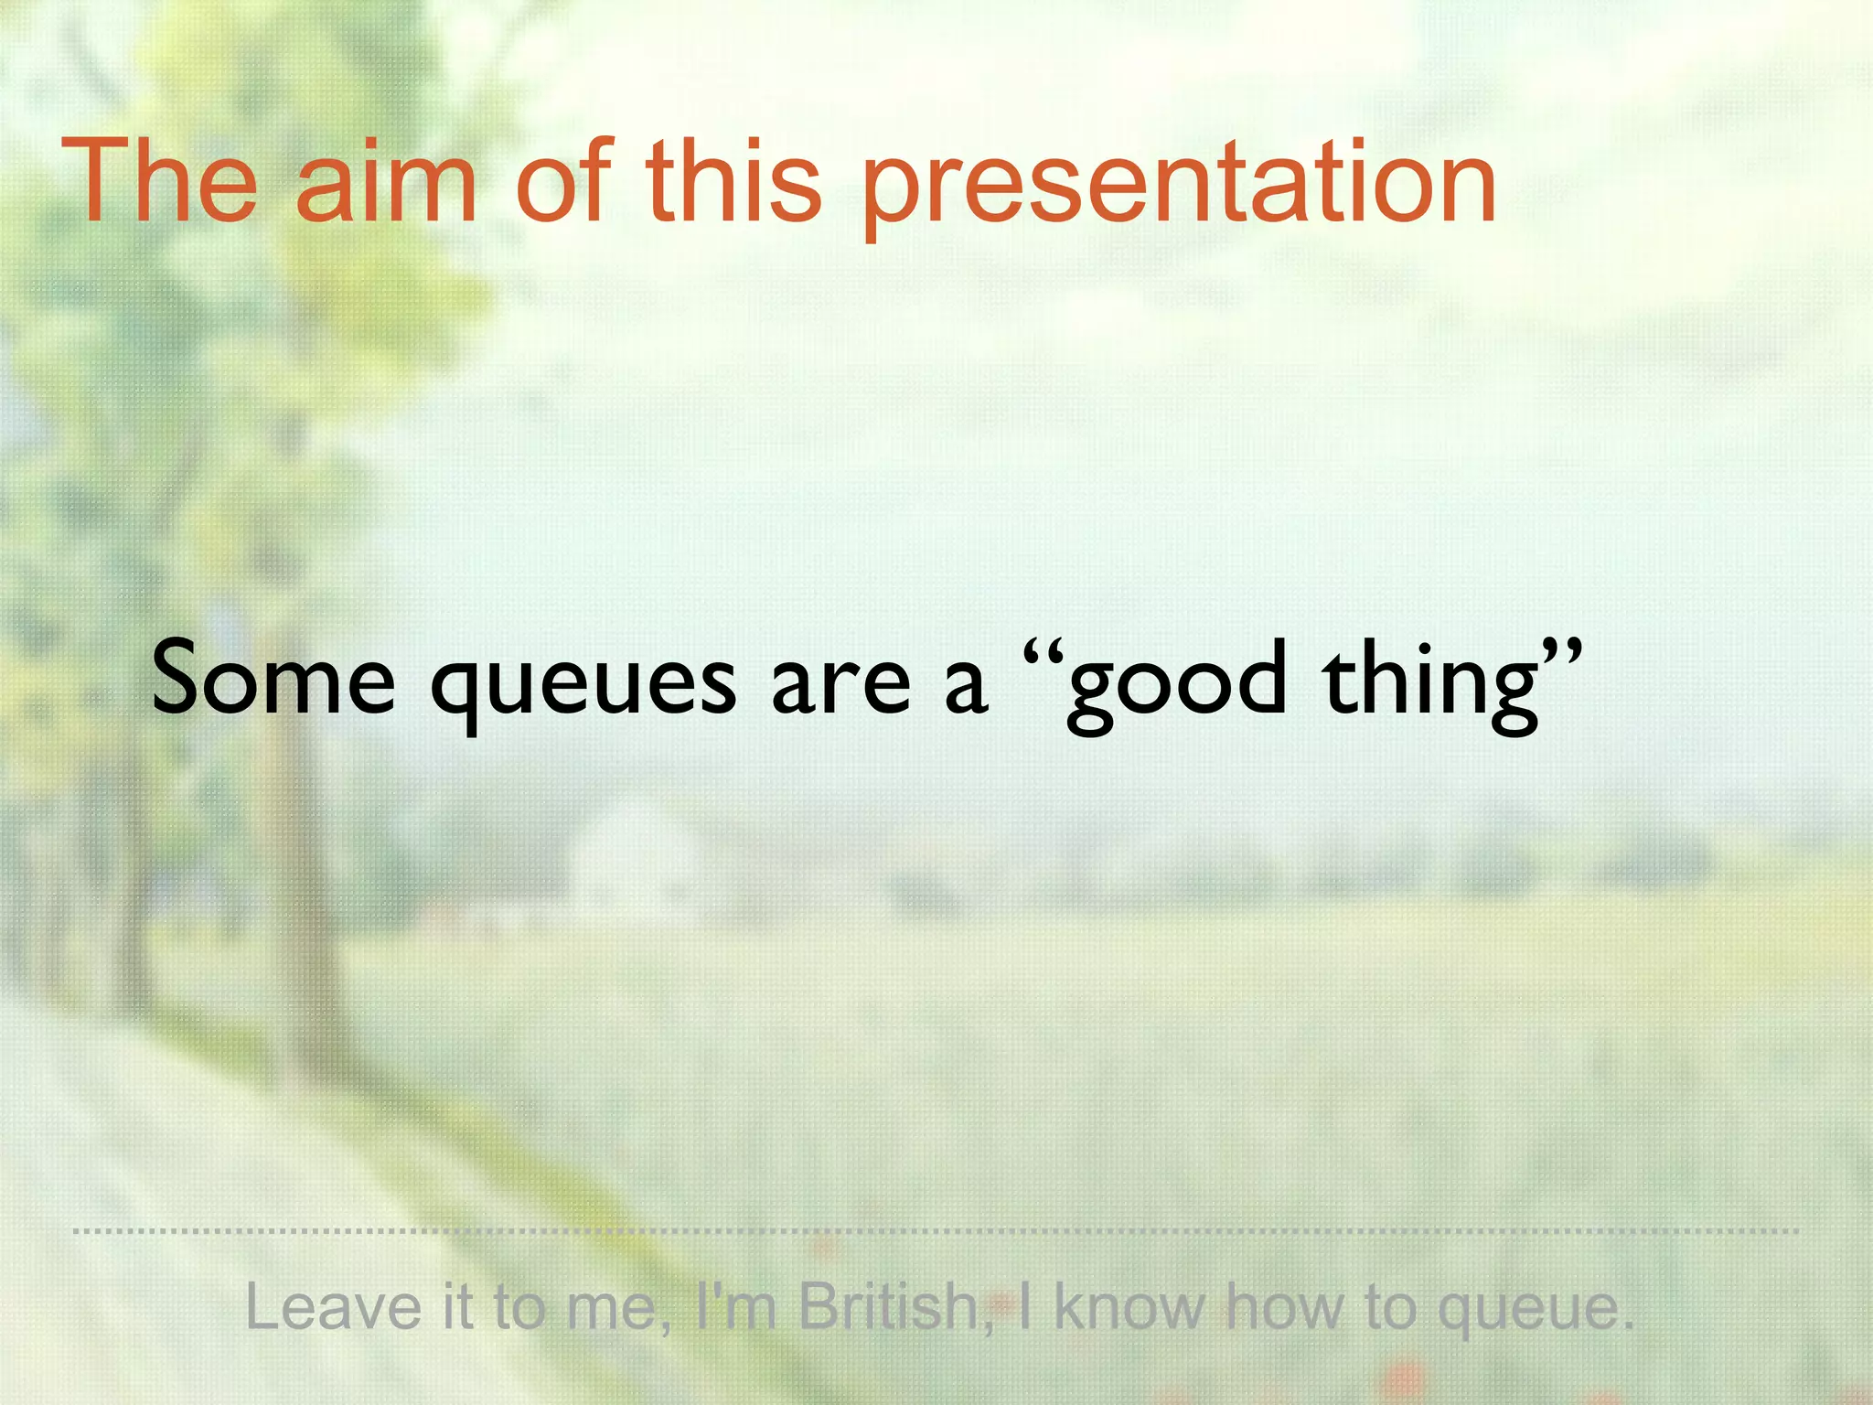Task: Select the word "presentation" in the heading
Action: [x=1180, y=188]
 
